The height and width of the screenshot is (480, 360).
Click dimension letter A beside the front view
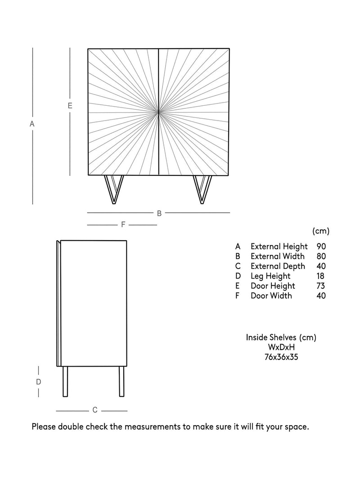(x=32, y=124)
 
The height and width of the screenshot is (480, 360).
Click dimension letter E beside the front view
(x=70, y=106)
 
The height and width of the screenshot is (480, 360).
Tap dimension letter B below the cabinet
(x=159, y=213)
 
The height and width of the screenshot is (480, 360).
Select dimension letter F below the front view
(x=123, y=224)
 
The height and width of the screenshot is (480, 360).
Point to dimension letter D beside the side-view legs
(x=39, y=382)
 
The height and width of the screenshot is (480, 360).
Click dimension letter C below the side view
(x=95, y=410)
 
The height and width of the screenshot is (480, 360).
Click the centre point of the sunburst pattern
(x=159, y=112)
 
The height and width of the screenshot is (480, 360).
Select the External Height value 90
(x=321, y=247)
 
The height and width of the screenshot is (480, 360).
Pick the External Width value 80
(x=321, y=256)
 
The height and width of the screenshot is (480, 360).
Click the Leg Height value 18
(x=320, y=276)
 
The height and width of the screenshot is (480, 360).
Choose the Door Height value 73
(x=321, y=286)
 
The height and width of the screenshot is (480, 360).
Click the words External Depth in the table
(x=278, y=266)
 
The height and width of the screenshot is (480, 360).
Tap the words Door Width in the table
(x=271, y=296)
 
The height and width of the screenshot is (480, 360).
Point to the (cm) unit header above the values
(x=321, y=231)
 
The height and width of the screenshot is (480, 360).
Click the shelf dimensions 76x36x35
(x=281, y=357)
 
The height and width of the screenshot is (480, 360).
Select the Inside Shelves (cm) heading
(x=281, y=337)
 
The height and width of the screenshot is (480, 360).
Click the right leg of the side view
(x=122, y=381)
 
